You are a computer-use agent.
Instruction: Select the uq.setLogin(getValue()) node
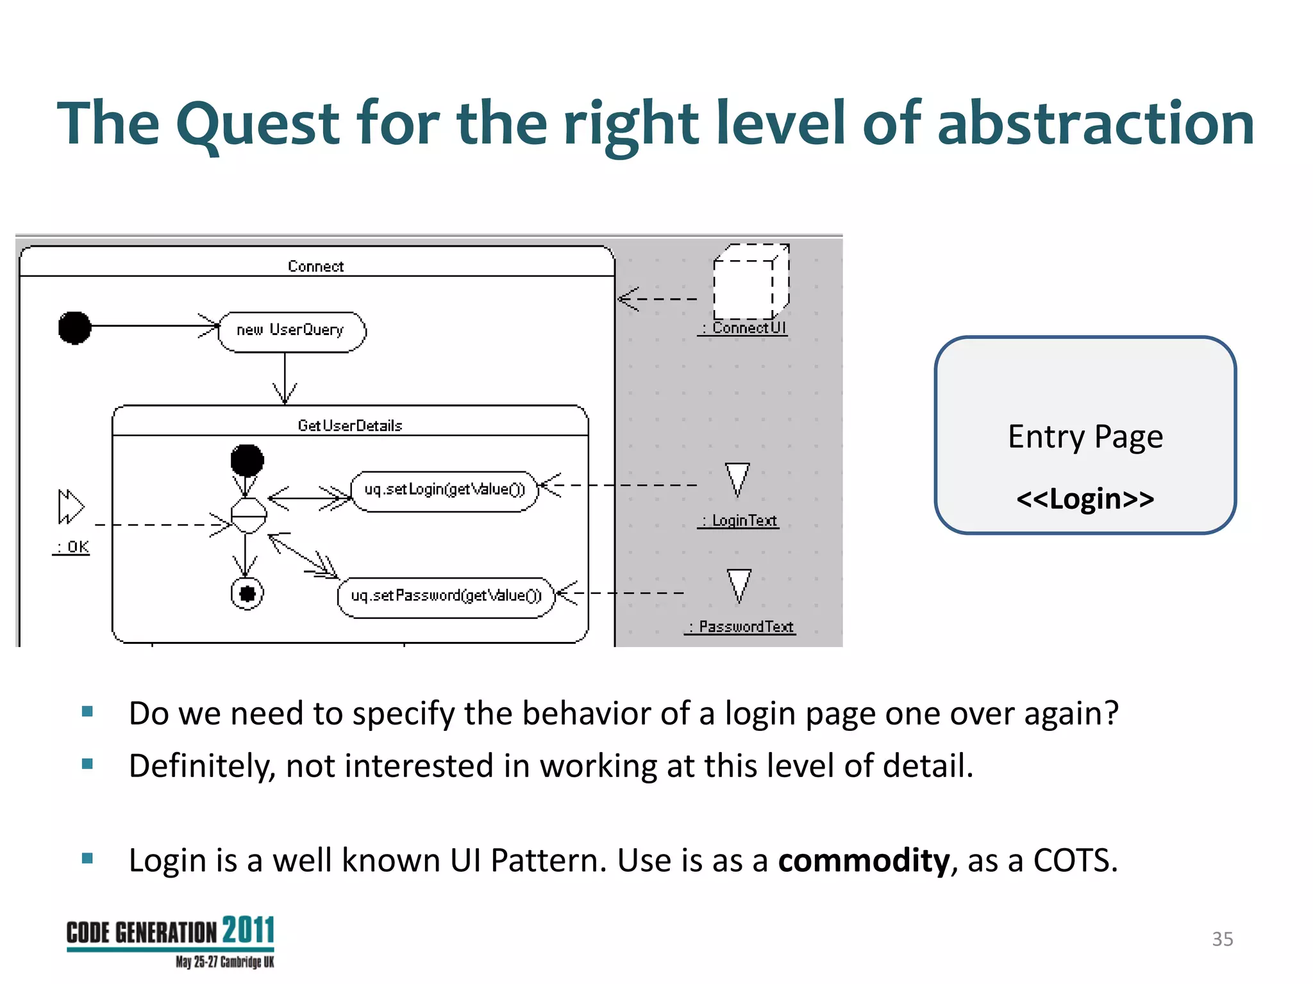pyautogui.click(x=444, y=491)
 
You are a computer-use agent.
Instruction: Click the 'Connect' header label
pyautogui.click(x=315, y=266)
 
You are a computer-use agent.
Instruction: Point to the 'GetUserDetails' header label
pyautogui.click(x=350, y=426)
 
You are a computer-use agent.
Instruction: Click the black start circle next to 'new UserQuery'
pyautogui.click(x=74, y=327)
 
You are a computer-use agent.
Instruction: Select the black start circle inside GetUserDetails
pyautogui.click(x=247, y=460)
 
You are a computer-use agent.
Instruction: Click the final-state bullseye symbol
pyautogui.click(x=247, y=593)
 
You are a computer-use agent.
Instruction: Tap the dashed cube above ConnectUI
pyautogui.click(x=750, y=282)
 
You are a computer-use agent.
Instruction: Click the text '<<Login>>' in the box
pyautogui.click(x=1085, y=499)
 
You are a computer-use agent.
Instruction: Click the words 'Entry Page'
pyautogui.click(x=1085, y=438)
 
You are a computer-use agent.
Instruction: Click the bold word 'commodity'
pyautogui.click(x=863, y=860)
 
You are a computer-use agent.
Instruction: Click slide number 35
pyautogui.click(x=1222, y=939)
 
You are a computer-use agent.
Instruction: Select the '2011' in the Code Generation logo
pyautogui.click(x=249, y=930)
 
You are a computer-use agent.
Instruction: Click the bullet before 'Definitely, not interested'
pyautogui.click(x=88, y=764)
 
